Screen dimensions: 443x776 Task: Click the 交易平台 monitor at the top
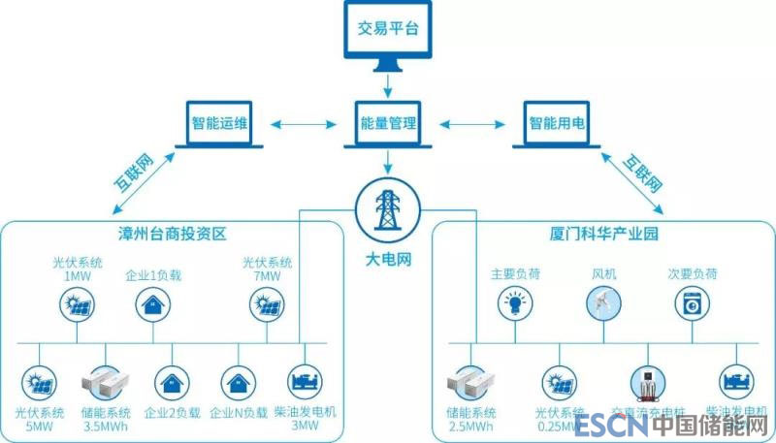(x=388, y=35)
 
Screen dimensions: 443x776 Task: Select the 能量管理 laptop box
(x=388, y=123)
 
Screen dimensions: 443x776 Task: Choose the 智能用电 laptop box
(x=557, y=123)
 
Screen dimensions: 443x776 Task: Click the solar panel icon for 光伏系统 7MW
(x=266, y=305)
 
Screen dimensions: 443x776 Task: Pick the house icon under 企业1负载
(x=152, y=305)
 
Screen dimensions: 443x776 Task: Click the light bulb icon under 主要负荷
(x=515, y=305)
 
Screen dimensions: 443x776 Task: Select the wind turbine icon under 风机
(x=603, y=305)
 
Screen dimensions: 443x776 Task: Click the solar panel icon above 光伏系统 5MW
(x=38, y=381)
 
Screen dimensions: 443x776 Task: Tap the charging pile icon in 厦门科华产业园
(x=645, y=381)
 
